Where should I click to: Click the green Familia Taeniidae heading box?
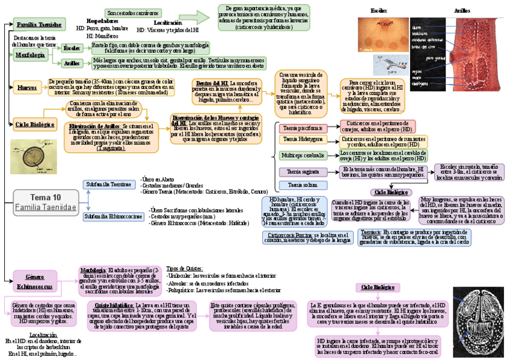39,25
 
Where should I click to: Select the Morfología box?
31,55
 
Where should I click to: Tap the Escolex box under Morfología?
72,47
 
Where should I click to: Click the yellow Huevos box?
27,87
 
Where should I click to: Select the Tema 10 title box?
46,202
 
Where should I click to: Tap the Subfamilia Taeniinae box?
109,185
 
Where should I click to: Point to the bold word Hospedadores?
102,20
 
